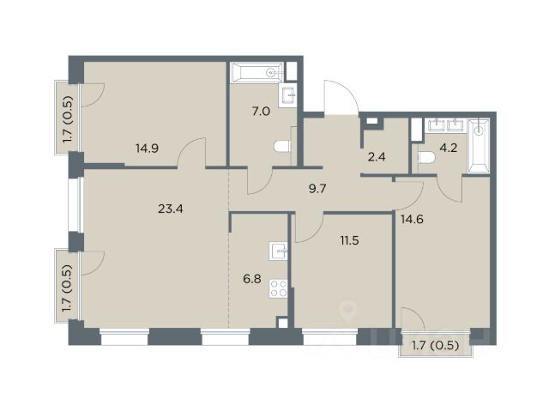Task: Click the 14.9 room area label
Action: pos(147,148)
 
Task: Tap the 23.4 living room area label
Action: pos(171,209)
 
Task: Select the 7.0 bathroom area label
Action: pos(261,112)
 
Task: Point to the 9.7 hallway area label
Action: pos(317,189)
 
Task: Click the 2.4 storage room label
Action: pos(377,156)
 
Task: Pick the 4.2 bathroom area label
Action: pos(449,148)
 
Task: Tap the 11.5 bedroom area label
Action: pos(349,240)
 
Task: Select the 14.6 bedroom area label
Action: pos(412,220)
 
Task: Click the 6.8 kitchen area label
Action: pos(252,279)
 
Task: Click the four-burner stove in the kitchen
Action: pos(278,288)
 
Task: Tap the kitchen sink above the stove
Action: pos(278,251)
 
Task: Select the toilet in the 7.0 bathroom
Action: pos(282,147)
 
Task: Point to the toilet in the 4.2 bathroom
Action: pos(426,158)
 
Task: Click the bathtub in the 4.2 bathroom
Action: pos(479,146)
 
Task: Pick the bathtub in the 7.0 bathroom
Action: pos(256,72)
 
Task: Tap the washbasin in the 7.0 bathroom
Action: pos(288,95)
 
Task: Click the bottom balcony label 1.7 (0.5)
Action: pos(435,346)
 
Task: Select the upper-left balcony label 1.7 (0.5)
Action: pos(68,119)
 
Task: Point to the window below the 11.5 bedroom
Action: pos(329,336)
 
